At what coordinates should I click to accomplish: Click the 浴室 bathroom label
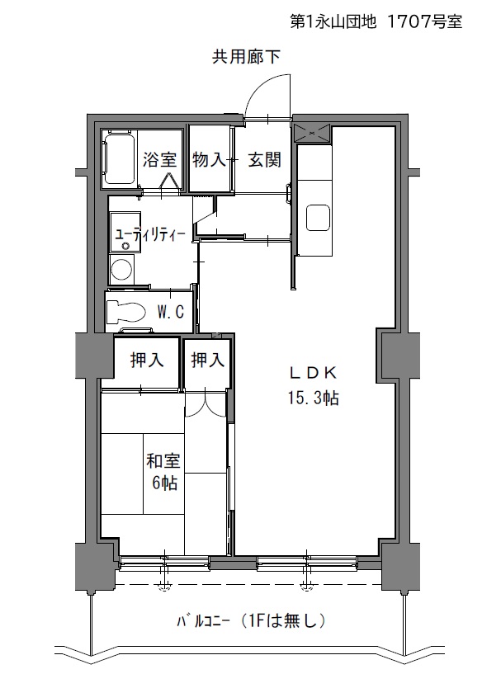coord(159,159)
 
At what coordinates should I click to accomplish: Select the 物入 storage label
coord(209,159)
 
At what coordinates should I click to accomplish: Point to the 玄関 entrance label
coord(264,159)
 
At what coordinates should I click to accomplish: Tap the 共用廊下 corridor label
coord(246,56)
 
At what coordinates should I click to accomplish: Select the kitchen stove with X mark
coord(312,132)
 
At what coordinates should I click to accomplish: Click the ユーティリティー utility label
coord(150,234)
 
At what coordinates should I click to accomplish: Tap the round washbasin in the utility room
coord(121,269)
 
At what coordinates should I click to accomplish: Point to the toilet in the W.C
coord(125,312)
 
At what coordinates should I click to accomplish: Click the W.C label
coord(170,312)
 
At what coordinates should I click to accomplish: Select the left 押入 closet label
coord(147,360)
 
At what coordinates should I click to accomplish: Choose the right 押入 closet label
coord(208,360)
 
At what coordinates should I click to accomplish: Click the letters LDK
coord(313,373)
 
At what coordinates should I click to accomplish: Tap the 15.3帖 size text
coord(313,398)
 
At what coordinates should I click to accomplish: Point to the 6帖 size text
coord(165,483)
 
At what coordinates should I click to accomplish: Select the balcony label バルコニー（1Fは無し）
coord(251,620)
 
